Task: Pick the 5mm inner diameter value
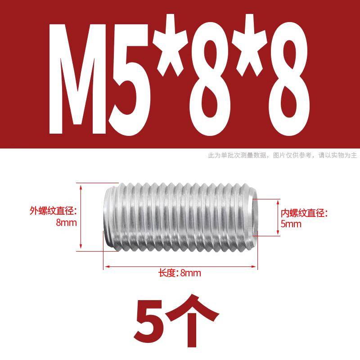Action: pos(291,224)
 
